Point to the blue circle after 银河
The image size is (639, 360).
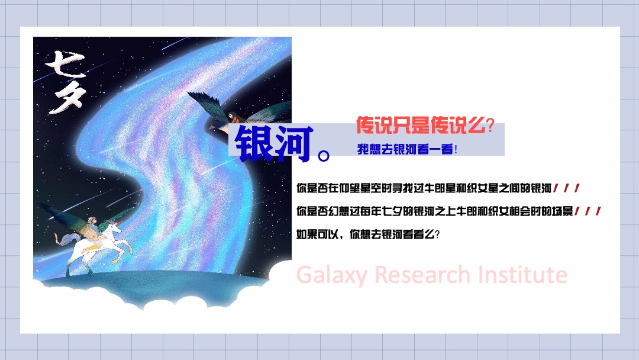[324, 156]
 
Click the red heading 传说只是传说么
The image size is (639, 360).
[419, 126]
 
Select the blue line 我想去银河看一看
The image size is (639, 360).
[407, 150]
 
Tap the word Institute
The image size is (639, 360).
[522, 275]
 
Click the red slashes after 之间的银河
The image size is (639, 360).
[567, 189]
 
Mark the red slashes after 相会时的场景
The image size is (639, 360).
[589, 211]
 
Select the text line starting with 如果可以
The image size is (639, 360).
[368, 234]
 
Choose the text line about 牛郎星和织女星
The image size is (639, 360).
[424, 189]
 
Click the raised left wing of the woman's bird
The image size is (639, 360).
[207, 101]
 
